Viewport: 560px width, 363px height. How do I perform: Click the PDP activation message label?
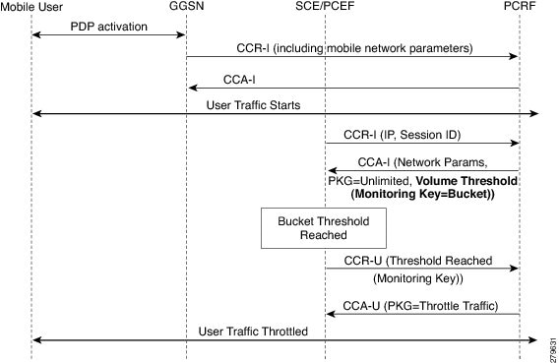point(109,26)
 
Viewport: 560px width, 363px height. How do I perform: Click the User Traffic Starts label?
point(253,104)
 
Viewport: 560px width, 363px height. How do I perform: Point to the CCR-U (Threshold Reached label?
point(417,262)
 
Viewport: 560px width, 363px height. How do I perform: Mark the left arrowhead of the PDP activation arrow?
point(35,35)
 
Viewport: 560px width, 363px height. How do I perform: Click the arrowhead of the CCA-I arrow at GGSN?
point(190,88)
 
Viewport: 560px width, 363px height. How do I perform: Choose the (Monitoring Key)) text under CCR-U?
point(411,278)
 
